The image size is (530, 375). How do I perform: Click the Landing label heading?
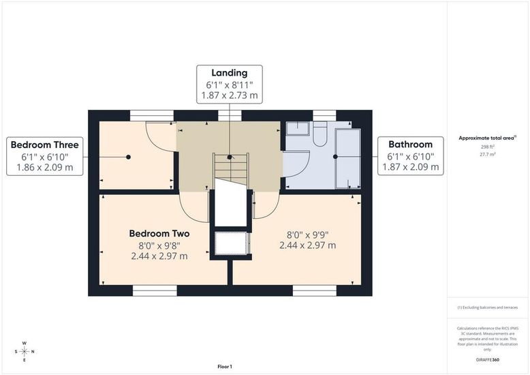click(230, 73)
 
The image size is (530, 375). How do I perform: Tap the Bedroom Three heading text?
click(44, 145)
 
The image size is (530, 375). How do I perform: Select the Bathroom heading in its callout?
click(410, 145)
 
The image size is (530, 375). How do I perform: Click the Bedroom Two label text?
click(159, 234)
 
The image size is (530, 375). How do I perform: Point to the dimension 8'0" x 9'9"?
click(308, 235)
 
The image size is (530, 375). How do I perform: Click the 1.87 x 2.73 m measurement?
click(230, 95)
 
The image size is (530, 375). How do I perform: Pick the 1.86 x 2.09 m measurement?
click(44, 167)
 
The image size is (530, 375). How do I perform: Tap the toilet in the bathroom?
click(319, 134)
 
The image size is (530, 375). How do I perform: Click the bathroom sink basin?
click(298, 129)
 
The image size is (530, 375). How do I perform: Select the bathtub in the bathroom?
click(348, 158)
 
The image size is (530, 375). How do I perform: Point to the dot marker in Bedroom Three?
click(129, 157)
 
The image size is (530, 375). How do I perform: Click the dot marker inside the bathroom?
click(335, 157)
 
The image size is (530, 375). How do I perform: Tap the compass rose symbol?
click(25, 352)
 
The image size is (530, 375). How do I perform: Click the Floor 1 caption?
click(225, 367)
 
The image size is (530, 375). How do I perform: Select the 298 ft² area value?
click(488, 147)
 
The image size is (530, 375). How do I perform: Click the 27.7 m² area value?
click(488, 154)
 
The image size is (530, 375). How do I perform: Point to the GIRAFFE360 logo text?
click(487, 360)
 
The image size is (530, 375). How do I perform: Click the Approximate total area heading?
click(487, 138)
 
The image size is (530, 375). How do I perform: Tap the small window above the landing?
click(230, 116)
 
